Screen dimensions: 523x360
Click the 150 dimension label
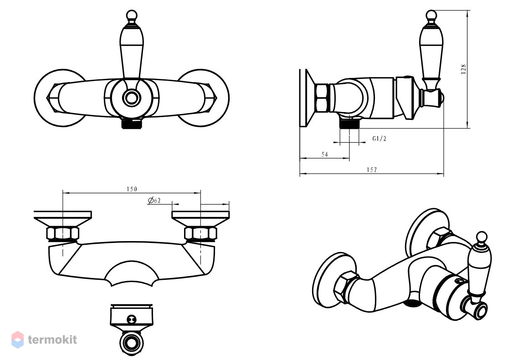tap(132, 189)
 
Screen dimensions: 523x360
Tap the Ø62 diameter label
tap(154, 200)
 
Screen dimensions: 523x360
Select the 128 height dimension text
tap(463, 69)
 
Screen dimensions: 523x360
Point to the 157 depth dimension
tap(372, 170)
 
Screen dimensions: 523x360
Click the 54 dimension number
tap(324, 154)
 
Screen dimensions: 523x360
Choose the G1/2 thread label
tap(379, 139)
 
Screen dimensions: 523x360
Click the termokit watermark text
tap(52, 339)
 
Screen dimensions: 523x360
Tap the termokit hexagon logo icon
tap(18, 339)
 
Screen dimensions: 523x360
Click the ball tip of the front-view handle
tap(132, 15)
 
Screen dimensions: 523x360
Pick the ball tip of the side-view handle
tap(431, 15)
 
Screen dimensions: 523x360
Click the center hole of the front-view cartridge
tap(131, 98)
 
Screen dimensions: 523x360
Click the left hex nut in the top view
tap(63, 233)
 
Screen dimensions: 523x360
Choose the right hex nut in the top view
tap(201, 233)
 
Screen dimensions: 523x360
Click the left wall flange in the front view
tap(46, 98)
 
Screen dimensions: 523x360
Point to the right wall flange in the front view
tap(217, 98)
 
